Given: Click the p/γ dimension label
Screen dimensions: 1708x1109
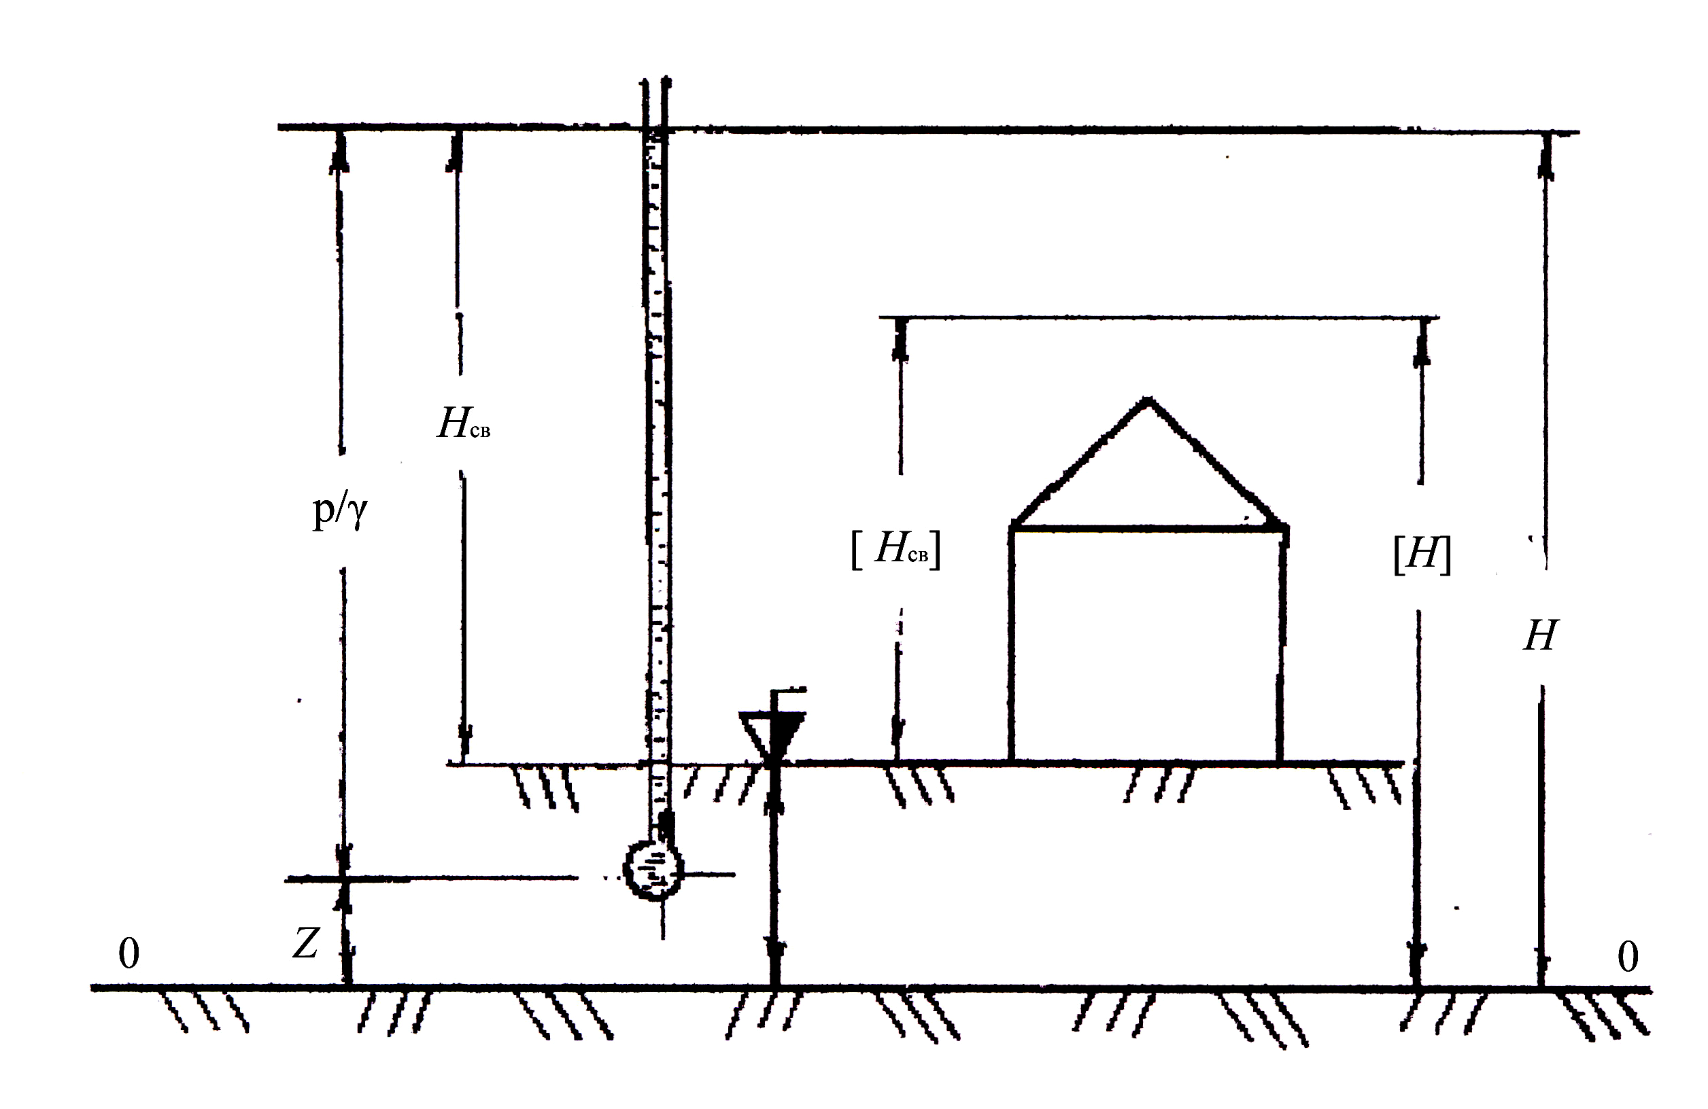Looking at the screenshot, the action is click(339, 511).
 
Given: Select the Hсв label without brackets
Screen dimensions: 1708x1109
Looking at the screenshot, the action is click(464, 423).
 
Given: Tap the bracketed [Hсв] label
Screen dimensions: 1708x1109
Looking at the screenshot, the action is click(895, 550).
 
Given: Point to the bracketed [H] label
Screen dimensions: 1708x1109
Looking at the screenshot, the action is click(1422, 554).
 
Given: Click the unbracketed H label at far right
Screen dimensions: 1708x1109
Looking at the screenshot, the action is click(1540, 635).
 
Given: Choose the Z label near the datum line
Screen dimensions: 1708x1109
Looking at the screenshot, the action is click(305, 944).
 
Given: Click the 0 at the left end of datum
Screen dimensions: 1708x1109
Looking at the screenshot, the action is click(129, 954).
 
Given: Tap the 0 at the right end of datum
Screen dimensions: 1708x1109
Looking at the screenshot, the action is click(1628, 957).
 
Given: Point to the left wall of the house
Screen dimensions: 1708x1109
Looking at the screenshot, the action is click(1011, 646).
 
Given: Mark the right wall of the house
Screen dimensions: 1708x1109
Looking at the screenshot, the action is click(1281, 646).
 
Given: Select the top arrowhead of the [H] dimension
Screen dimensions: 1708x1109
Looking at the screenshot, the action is click(1422, 342).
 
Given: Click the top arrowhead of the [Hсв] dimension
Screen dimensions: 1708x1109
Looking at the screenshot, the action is click(901, 340).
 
